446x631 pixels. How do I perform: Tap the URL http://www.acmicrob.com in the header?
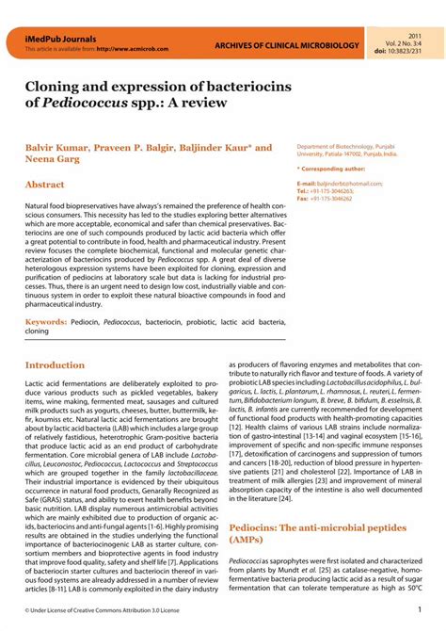point(121,47)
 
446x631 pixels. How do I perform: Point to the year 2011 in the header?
point(415,34)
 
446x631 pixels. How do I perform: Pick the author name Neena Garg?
point(56,162)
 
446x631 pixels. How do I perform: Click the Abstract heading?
point(44,186)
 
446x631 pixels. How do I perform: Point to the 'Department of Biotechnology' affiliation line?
point(340,148)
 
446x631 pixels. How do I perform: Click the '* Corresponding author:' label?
point(334,169)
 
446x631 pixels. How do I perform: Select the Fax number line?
point(325,199)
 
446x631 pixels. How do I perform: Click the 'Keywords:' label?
point(45,322)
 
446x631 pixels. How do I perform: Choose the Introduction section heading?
point(55,364)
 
